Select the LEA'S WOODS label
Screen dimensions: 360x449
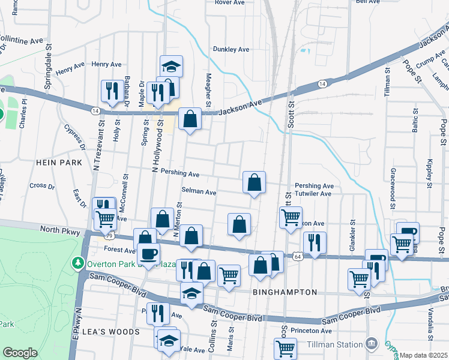tap(118, 331)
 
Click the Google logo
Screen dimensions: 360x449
tap(20, 353)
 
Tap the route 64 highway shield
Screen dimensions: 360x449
tap(298, 256)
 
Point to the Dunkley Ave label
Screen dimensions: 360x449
tap(231, 49)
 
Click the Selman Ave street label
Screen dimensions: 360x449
tap(198, 192)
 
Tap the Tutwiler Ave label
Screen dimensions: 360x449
tap(313, 194)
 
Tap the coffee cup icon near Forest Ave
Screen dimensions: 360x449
tap(148, 253)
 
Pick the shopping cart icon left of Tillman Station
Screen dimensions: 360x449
tap(285, 348)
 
